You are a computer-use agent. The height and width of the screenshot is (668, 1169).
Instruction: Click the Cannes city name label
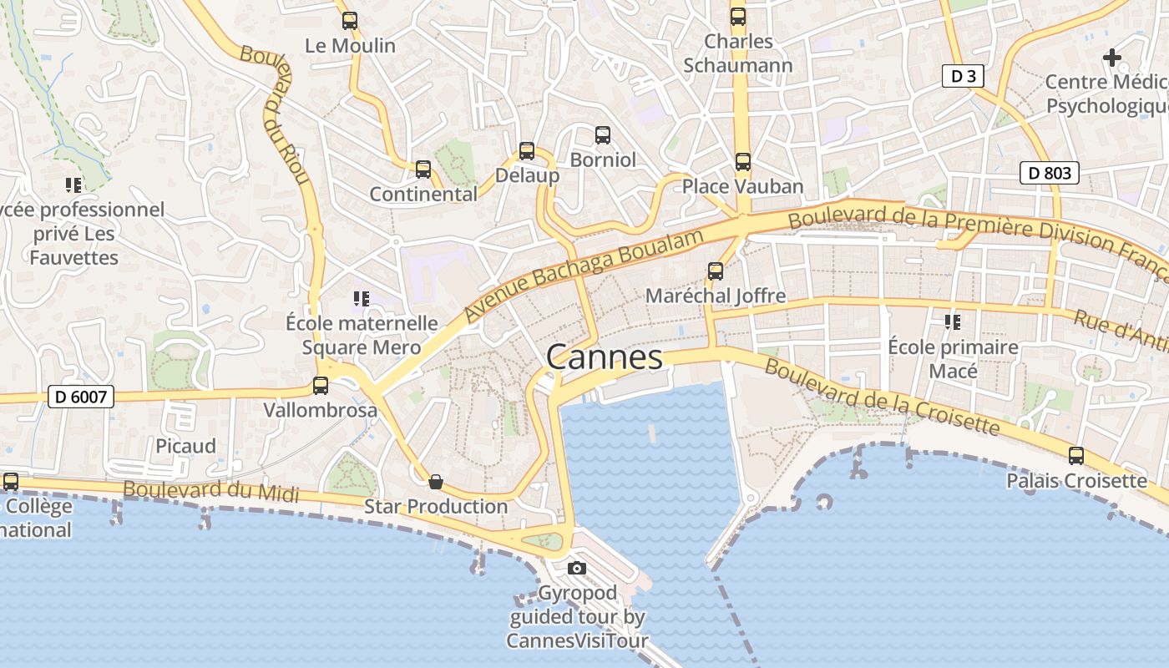[605, 357]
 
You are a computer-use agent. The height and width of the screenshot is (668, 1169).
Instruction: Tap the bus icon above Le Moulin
[350, 21]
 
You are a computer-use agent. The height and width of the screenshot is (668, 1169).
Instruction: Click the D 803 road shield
[1050, 174]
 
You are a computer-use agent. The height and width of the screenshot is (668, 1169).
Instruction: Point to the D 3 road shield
[963, 77]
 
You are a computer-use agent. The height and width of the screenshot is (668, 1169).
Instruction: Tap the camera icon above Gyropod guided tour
[576, 569]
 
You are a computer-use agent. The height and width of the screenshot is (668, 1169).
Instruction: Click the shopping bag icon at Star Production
[435, 482]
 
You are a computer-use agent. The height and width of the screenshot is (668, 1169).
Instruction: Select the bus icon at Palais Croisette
[1076, 456]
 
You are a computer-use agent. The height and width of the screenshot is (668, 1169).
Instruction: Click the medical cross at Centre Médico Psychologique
[1111, 58]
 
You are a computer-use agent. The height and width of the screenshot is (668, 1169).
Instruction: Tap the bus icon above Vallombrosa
[321, 386]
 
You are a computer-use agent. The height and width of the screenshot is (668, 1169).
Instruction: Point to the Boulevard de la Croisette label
[882, 397]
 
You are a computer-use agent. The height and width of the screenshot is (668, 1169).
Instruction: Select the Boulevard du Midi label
[210, 489]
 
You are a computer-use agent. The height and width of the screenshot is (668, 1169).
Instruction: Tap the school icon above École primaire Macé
[952, 321]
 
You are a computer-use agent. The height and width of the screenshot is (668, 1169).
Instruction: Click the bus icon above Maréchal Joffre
[716, 271]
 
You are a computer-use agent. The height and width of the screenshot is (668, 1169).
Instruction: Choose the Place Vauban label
[742, 186]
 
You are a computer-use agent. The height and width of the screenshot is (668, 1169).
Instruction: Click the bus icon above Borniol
[603, 135]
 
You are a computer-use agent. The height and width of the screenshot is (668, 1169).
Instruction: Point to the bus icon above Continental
[423, 170]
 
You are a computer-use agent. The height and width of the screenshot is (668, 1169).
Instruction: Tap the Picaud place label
[185, 446]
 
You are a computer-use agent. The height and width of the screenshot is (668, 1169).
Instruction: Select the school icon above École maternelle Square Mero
[362, 298]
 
